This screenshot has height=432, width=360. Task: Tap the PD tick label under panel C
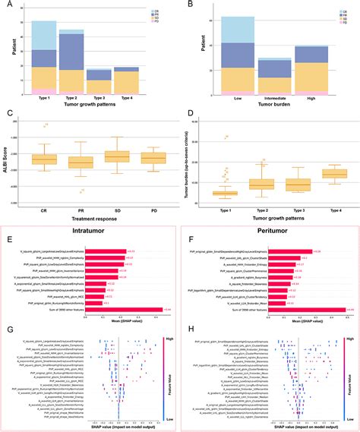click(153, 199)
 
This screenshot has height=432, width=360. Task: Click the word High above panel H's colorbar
click(348, 331)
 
